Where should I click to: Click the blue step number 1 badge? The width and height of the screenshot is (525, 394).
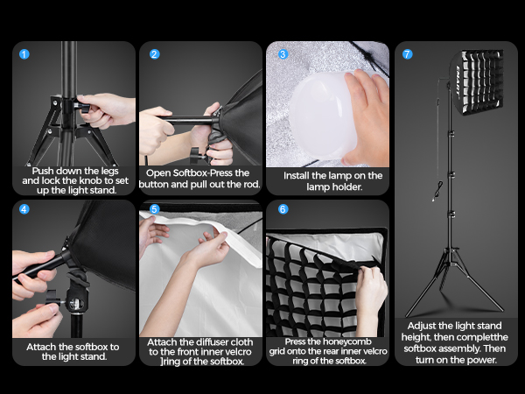[24, 54]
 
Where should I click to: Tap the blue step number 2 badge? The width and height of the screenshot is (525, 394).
[154, 54]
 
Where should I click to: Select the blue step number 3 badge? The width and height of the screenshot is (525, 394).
[283, 54]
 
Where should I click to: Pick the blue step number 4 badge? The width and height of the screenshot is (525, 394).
[24, 209]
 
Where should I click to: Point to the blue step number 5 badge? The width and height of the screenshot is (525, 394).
[154, 209]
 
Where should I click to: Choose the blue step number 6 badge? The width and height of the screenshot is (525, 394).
[283, 209]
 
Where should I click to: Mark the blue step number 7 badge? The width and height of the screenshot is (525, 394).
[407, 54]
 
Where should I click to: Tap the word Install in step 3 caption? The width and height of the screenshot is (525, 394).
[297, 176]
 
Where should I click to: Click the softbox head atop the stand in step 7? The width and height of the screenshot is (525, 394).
[477, 82]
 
